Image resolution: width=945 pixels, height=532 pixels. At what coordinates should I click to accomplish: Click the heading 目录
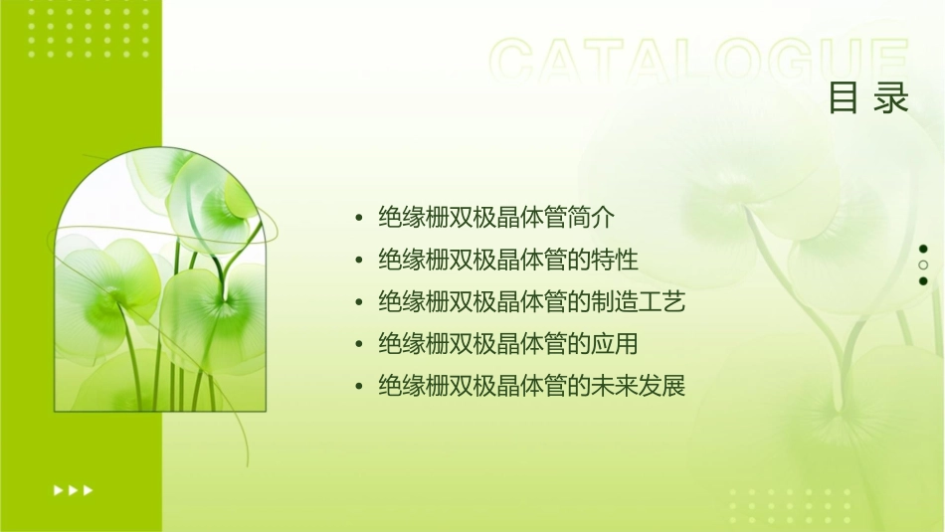[868, 98]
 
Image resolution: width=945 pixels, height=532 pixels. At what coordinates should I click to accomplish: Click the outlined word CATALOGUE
[699, 62]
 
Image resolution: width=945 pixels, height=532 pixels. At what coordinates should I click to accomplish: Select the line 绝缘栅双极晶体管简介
[497, 217]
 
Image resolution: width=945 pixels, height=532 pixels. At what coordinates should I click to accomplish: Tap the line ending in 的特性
[508, 260]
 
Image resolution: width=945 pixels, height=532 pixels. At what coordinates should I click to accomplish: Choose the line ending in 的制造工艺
[532, 301]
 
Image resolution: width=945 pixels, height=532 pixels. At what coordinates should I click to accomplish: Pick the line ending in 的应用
[508, 344]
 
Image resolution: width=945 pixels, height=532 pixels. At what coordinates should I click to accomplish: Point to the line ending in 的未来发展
[532, 386]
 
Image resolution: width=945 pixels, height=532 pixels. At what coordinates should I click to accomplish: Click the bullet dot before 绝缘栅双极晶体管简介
[359, 218]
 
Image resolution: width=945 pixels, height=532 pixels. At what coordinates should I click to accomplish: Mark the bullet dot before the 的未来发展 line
[359, 387]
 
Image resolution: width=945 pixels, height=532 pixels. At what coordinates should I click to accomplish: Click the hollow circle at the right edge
[923, 266]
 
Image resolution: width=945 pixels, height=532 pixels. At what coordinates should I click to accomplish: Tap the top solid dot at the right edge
[923, 249]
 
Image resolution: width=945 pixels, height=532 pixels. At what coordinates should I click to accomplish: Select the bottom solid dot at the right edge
[923, 281]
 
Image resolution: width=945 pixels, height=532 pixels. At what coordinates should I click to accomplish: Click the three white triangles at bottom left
[74, 490]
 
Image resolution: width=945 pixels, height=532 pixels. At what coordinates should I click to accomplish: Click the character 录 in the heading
[892, 98]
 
